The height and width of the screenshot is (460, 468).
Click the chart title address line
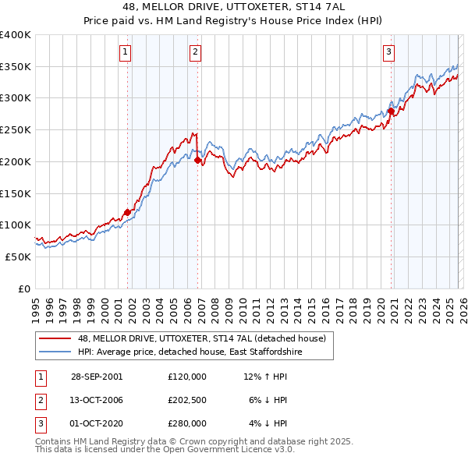coord(233,7)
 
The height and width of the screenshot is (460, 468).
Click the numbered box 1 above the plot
coord(125,52)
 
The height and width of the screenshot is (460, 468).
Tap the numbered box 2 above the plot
coord(194,52)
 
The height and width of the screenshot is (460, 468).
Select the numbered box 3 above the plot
coord(388,52)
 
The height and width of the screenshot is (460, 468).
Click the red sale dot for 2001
coord(127,211)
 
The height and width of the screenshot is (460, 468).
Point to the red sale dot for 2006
coord(197,160)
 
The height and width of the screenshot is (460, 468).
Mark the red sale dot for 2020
coord(391,111)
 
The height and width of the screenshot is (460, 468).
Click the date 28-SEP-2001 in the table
coord(97,377)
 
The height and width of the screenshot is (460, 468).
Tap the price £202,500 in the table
coord(187,400)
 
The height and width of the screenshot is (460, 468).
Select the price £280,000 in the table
coord(187,423)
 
